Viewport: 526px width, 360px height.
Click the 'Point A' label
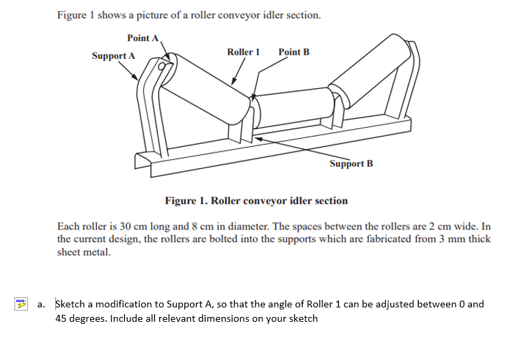(x=143, y=38)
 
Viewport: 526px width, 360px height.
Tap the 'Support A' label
(x=113, y=55)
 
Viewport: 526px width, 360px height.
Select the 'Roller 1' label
(x=243, y=52)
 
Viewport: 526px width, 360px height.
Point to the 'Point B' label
(x=294, y=52)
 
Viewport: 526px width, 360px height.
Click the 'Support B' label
(x=351, y=164)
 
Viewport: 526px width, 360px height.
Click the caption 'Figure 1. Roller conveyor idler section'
(x=256, y=201)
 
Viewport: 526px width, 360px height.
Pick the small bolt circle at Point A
(x=163, y=67)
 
